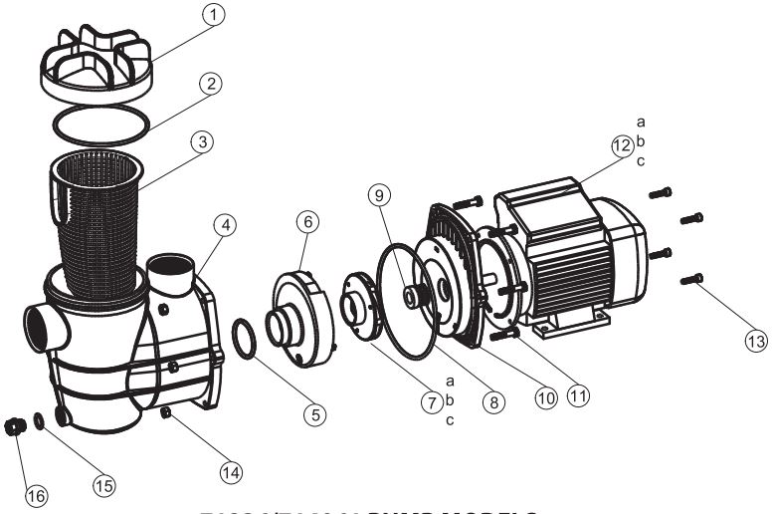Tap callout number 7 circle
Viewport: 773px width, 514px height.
tap(432, 403)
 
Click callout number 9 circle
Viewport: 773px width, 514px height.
tap(379, 195)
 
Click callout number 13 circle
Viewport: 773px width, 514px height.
tap(757, 339)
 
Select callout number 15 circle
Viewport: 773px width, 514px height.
tap(103, 484)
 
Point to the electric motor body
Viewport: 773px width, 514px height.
tap(577, 249)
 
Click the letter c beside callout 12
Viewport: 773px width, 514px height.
tap(641, 161)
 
